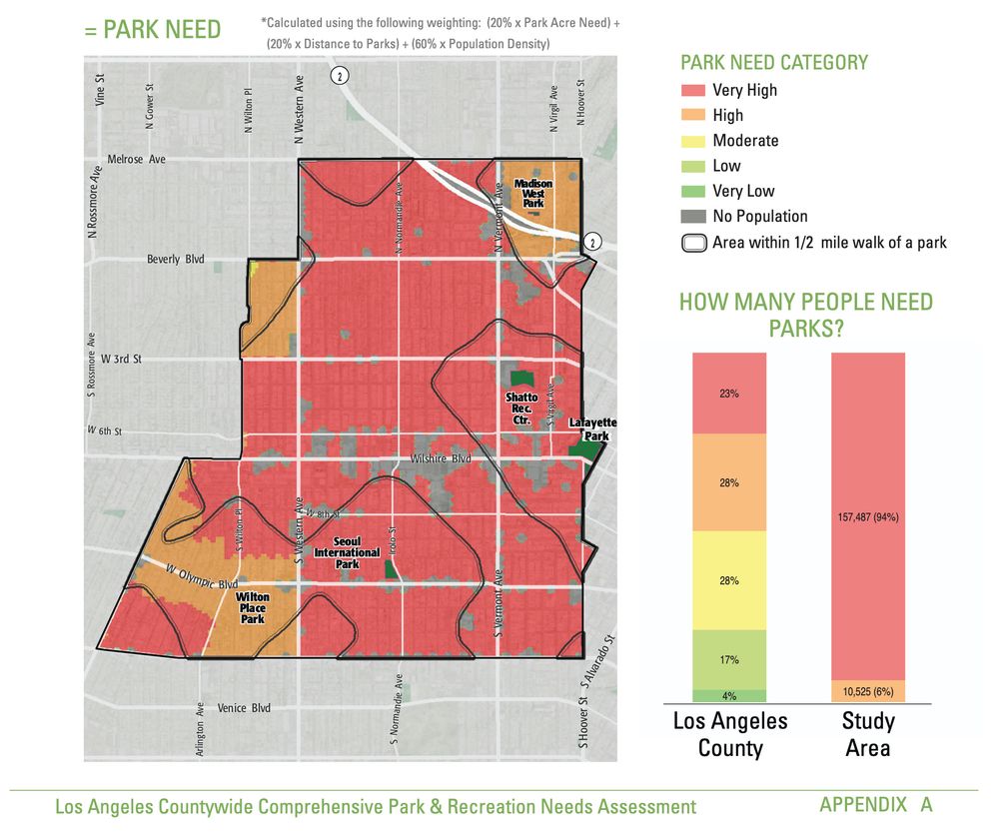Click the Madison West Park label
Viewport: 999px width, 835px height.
tap(533, 194)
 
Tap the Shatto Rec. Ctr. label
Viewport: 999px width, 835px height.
tap(521, 409)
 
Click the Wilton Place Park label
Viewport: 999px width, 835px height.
tap(252, 608)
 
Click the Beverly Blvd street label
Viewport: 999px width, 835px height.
tap(176, 259)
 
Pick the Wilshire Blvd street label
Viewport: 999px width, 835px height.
tap(441, 458)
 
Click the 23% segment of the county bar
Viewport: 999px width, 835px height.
tap(730, 394)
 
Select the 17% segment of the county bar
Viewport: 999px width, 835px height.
tap(730, 659)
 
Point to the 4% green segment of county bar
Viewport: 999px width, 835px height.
tap(730, 695)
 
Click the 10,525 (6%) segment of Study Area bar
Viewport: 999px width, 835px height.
tap(868, 691)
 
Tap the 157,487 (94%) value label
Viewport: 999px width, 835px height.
tap(868, 516)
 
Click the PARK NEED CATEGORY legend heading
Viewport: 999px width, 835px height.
tap(774, 63)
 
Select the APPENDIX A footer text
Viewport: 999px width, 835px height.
tap(875, 805)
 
